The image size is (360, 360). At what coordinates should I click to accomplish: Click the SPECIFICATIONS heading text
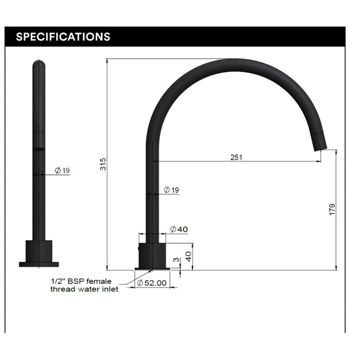[x=63, y=37]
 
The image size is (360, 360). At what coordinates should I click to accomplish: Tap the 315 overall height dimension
[x=103, y=164]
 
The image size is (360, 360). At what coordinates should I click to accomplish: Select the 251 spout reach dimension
[x=236, y=157]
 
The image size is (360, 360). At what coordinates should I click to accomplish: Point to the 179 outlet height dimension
[x=332, y=209]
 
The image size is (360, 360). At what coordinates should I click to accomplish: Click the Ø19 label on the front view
[x=62, y=170]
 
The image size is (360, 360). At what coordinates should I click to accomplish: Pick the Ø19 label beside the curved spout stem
[x=171, y=190]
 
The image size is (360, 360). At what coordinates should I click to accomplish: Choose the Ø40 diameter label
[x=179, y=229]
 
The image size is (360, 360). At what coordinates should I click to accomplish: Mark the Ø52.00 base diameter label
[x=152, y=283]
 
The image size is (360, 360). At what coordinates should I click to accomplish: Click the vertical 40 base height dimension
[x=188, y=257]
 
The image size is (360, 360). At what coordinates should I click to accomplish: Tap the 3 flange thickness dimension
[x=176, y=260]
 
